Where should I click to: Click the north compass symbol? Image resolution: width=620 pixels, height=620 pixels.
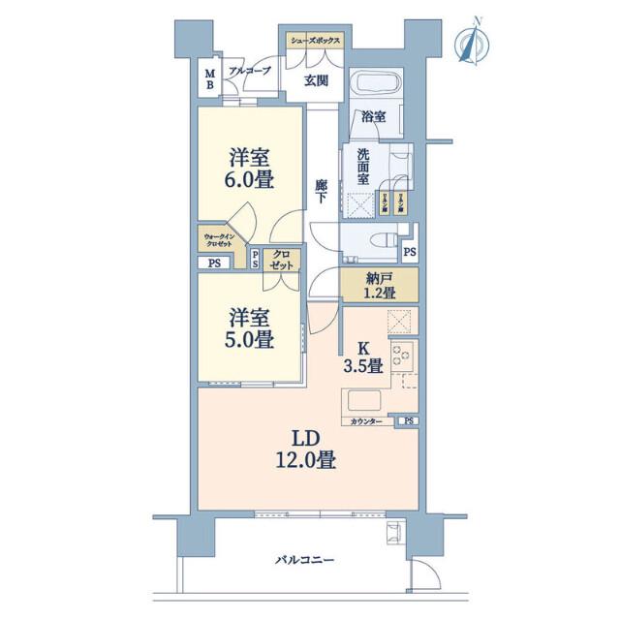472,45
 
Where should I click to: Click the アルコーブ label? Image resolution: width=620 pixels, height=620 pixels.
249,71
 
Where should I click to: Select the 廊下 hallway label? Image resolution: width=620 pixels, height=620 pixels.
321,190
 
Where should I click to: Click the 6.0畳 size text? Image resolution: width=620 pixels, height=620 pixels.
249,179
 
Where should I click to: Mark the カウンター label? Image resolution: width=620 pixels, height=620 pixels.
367,421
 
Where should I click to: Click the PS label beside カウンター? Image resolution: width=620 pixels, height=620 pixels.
409,421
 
